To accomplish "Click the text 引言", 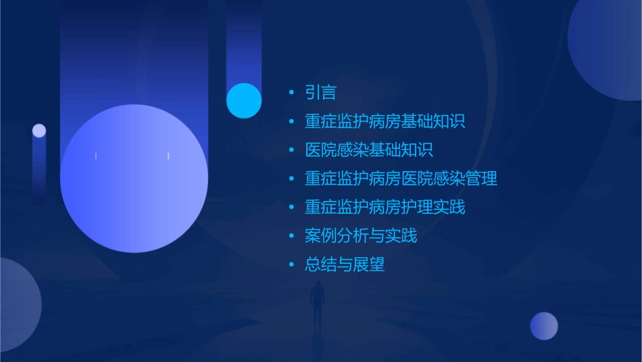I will click(320, 93).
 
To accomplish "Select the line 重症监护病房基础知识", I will click(385, 122).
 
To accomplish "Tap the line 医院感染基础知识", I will click(368, 150).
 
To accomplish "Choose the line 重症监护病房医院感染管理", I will click(401, 179).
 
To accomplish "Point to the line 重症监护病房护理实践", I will click(385, 207).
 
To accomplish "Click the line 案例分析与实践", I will click(360, 235).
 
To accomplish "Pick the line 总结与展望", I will click(345, 264).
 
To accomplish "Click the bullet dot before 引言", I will click(291, 93).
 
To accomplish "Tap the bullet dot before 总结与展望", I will click(291, 265).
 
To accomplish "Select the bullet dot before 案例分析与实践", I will click(291, 236).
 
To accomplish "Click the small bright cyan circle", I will click(244, 101).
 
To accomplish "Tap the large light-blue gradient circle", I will click(134, 179).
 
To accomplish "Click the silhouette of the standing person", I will click(317, 302).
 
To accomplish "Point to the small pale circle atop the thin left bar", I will click(39, 131).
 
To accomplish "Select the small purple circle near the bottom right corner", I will click(544, 326).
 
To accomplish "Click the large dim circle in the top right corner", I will click(607, 47).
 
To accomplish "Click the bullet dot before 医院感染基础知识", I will click(291, 151).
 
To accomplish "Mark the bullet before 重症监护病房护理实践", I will click(291, 208).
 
